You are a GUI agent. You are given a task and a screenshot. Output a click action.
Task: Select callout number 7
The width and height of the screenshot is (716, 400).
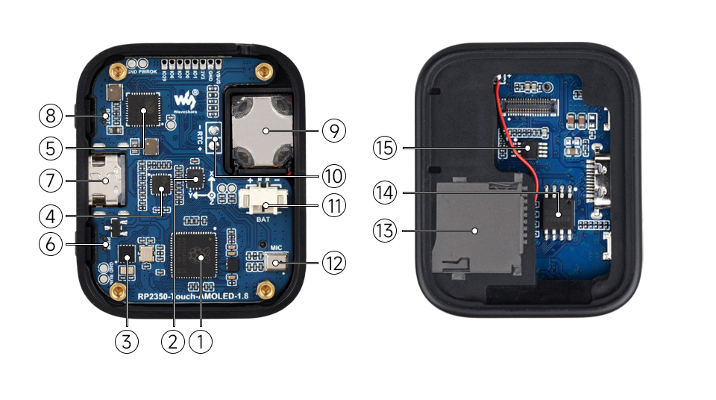tap(50, 181)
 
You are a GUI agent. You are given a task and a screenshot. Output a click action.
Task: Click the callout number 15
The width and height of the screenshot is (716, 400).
tap(384, 149)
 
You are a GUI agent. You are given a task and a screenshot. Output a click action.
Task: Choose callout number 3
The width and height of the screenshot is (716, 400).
tap(127, 342)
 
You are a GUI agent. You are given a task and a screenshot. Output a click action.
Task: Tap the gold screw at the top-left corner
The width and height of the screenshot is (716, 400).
tap(116, 72)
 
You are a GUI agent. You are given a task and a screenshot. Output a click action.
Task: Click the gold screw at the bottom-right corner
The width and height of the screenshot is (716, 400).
tap(263, 289)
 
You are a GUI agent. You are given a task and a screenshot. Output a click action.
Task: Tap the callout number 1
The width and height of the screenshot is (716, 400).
tap(201, 342)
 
